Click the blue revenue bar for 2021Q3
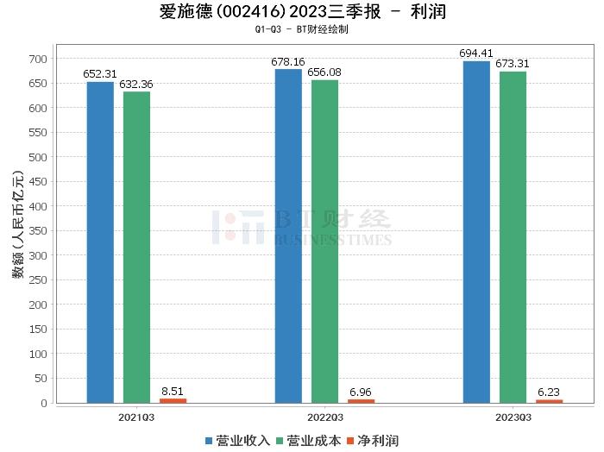click(100, 242)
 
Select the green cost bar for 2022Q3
click(324, 242)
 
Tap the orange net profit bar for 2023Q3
click(549, 401)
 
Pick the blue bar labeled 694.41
click(476, 232)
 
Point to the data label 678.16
click(288, 62)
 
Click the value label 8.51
click(173, 391)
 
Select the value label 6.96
click(361, 392)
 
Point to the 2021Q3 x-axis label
click(136, 417)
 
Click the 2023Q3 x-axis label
click(513, 417)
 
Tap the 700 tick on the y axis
click(36, 59)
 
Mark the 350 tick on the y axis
click(36, 231)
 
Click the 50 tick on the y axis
click(40, 379)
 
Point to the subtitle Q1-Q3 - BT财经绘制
click(302, 29)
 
